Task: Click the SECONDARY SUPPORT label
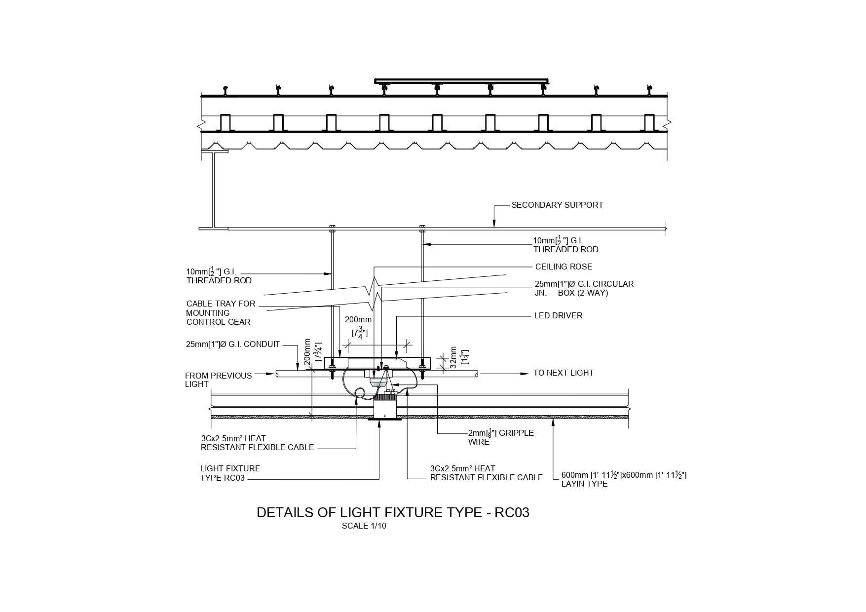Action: point(557,205)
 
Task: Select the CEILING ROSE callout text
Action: point(564,267)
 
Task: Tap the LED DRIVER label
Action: point(558,315)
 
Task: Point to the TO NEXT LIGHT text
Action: point(563,373)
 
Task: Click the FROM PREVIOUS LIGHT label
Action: point(218,380)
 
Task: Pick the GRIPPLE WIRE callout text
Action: point(501,437)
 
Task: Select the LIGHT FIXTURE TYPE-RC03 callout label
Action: point(230,473)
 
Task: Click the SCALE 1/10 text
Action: point(364,526)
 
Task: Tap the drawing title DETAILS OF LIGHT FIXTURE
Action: point(393,513)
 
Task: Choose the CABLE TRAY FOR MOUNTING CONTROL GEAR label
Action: point(221,313)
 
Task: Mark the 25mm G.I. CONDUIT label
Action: point(233,344)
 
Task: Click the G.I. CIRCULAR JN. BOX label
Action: point(584,288)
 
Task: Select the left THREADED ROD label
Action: point(219,276)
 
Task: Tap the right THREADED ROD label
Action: point(565,245)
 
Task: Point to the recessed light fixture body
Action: point(385,409)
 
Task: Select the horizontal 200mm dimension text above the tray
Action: point(358,320)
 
